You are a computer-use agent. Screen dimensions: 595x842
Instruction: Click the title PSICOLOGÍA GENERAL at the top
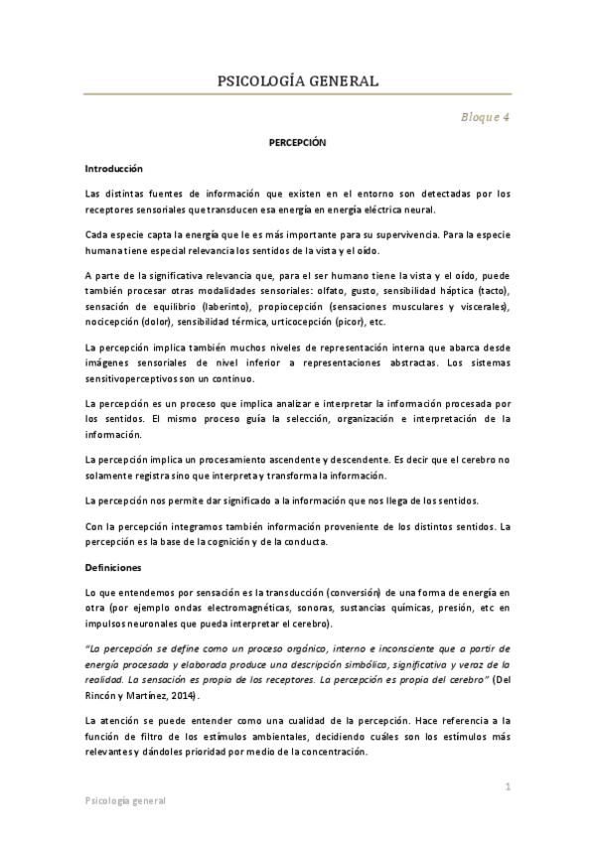[297, 81]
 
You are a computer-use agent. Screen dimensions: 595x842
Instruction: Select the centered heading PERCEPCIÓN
[297, 143]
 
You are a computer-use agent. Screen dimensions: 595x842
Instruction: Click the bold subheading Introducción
[114, 169]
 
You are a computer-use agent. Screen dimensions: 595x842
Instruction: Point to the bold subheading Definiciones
[115, 567]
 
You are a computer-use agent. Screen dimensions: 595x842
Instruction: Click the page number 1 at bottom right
[507, 786]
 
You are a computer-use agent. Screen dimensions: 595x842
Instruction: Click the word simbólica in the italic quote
[344, 662]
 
